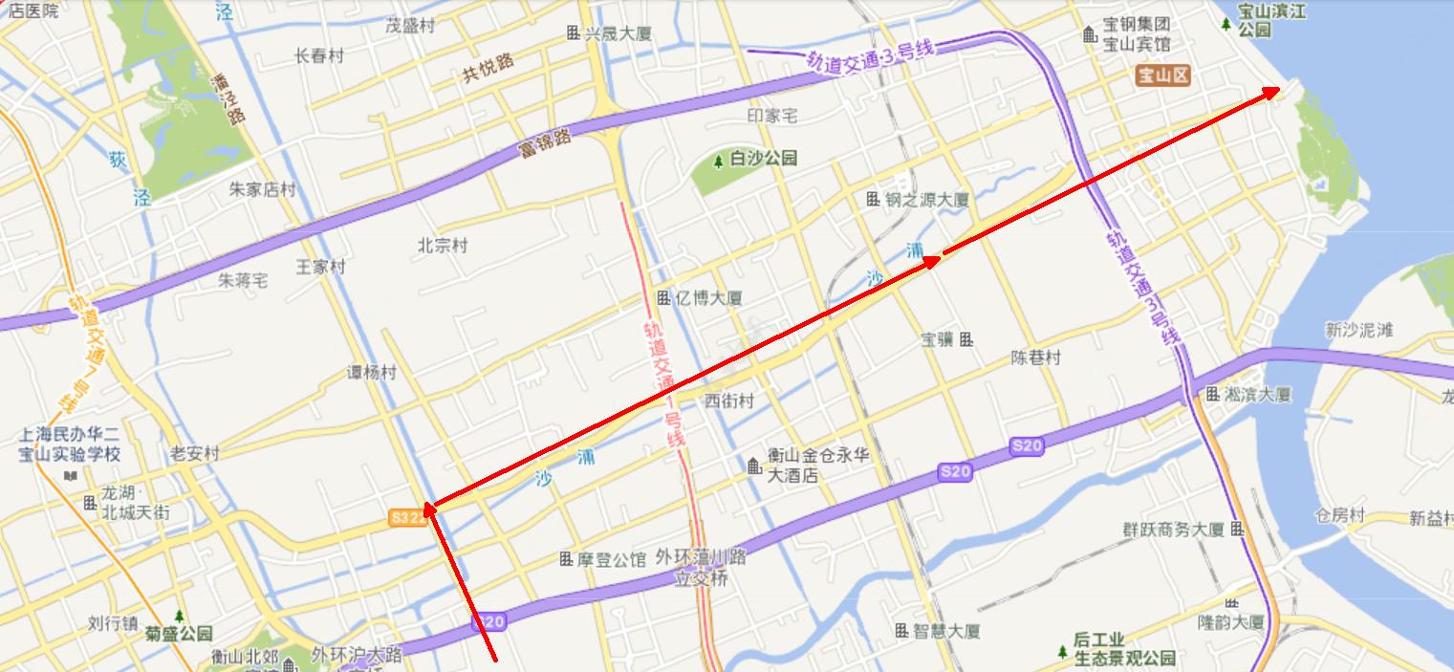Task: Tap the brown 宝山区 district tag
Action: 1162,76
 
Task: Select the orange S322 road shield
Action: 407,517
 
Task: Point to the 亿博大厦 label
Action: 708,298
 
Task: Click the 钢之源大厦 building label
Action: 925,200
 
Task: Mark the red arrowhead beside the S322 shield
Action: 429,509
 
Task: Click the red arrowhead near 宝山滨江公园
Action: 1272,91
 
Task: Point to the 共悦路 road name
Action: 488,69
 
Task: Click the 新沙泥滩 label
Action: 1358,331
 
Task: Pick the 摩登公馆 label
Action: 612,559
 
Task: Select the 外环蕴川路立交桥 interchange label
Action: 701,568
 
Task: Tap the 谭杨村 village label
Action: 371,373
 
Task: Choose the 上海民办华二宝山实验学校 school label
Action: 70,444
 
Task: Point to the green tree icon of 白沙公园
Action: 718,160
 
